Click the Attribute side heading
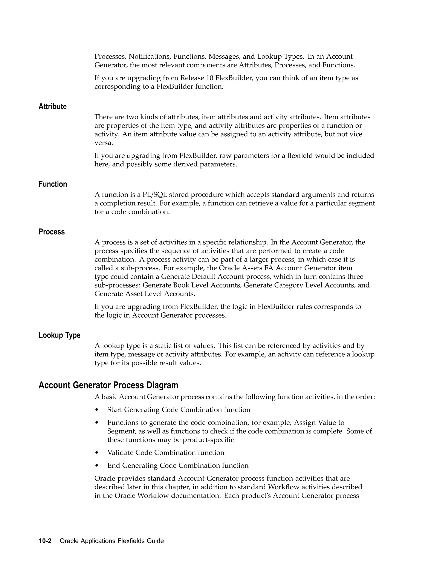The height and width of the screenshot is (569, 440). pos(52,106)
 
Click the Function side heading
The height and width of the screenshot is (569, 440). pos(53,184)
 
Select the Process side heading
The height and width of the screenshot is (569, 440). pos(52,232)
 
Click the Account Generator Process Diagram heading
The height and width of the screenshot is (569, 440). pos(108,385)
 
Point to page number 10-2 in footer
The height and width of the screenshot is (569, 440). pos(45,541)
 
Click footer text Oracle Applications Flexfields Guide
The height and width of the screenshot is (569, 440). pos(112,541)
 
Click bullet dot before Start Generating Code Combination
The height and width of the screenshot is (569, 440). pos(97,410)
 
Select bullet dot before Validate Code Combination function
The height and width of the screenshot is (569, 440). pos(97,453)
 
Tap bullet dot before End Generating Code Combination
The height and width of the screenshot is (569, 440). pos(97,466)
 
